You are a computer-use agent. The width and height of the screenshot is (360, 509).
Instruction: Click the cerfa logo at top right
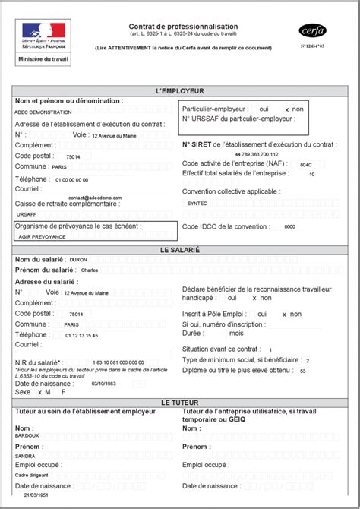[311, 31]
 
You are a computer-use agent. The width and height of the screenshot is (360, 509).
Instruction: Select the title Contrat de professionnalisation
[183, 27]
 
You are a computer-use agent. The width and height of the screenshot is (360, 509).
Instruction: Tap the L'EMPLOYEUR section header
[180, 91]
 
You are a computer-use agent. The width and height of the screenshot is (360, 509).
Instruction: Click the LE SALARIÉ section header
[180, 249]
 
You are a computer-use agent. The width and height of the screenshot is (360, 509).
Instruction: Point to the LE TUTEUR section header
[180, 402]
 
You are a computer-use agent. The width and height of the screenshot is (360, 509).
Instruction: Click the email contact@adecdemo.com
[94, 196]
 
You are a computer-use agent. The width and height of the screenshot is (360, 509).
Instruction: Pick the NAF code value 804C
[305, 164]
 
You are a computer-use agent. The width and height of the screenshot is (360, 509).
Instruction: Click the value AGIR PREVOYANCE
[42, 236]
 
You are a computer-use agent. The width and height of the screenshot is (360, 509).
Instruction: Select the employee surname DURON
[78, 260]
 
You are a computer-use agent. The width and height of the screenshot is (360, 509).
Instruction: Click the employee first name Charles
[90, 270]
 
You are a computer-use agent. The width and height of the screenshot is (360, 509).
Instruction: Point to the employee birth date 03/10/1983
[105, 384]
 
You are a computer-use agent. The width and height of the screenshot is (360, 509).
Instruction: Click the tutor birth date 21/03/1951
[36, 494]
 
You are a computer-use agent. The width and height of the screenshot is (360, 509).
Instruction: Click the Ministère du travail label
[43, 58]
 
